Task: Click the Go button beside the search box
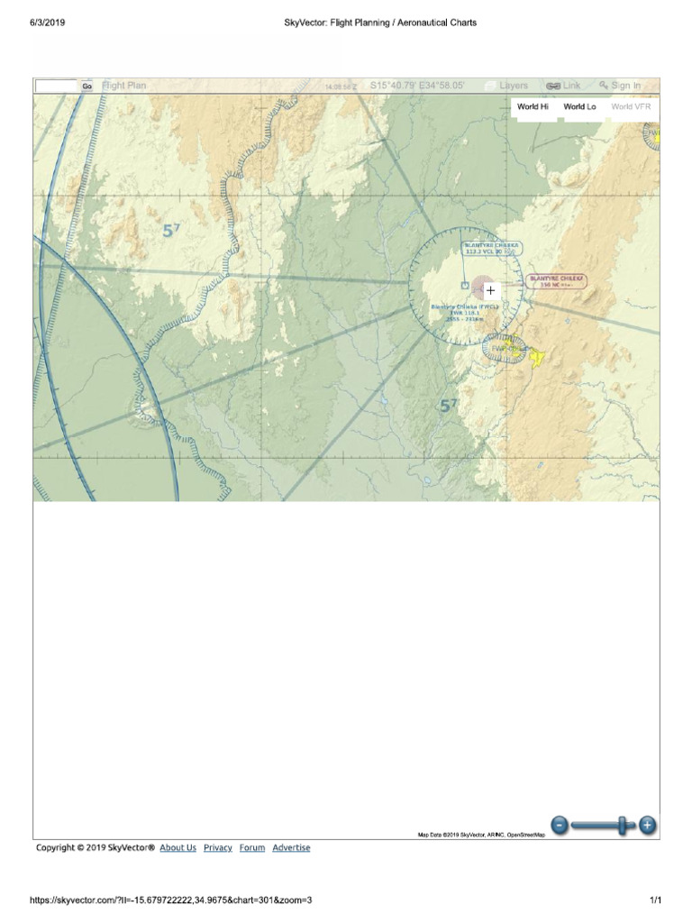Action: click(x=87, y=87)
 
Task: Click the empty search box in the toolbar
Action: click(x=57, y=87)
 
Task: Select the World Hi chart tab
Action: click(x=533, y=106)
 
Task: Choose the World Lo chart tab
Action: click(x=579, y=106)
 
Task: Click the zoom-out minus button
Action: click(x=560, y=824)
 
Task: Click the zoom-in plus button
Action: click(x=647, y=824)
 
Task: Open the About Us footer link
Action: click(x=178, y=847)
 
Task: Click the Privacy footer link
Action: click(x=218, y=847)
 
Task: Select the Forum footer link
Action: click(x=252, y=847)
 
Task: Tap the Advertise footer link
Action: click(x=291, y=847)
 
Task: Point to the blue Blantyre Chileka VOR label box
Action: click(x=491, y=249)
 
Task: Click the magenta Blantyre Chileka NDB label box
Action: click(x=557, y=281)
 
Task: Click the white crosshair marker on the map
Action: click(x=490, y=290)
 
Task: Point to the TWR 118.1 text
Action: click(x=464, y=313)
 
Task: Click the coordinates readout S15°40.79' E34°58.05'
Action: click(x=417, y=86)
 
